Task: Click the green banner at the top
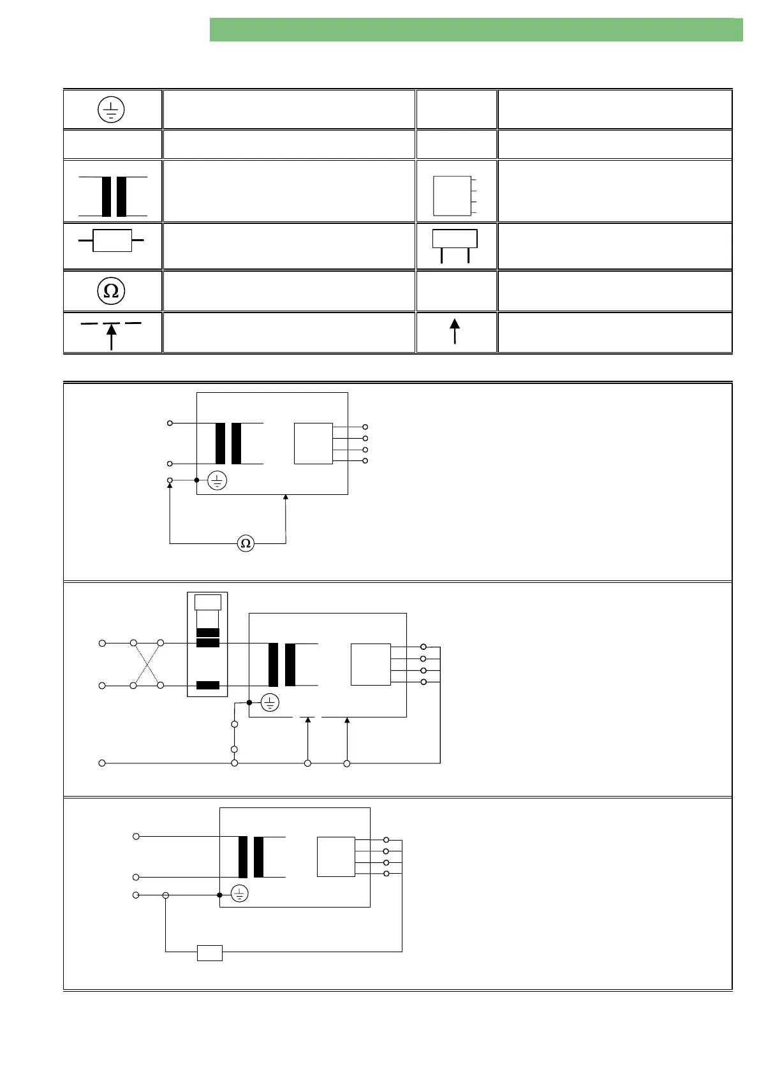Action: pyautogui.click(x=476, y=30)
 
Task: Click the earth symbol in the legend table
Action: pyautogui.click(x=111, y=110)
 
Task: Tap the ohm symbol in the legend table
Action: pyautogui.click(x=111, y=291)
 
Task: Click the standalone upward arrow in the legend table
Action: pyautogui.click(x=455, y=332)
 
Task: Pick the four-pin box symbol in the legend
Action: pyautogui.click(x=453, y=196)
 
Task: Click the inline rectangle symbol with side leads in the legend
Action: pyautogui.click(x=112, y=240)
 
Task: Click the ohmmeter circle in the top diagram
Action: pyautogui.click(x=246, y=543)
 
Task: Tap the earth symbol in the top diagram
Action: pyautogui.click(x=217, y=480)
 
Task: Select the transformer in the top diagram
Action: pyautogui.click(x=228, y=443)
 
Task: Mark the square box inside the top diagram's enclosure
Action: pyautogui.click(x=313, y=443)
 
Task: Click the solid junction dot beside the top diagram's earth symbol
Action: pyautogui.click(x=196, y=480)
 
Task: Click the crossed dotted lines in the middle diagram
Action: pyautogui.click(x=147, y=665)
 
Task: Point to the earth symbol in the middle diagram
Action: pyautogui.click(x=270, y=703)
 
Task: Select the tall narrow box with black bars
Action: pyautogui.click(x=207, y=645)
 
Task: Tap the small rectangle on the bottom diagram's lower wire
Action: pyautogui.click(x=210, y=953)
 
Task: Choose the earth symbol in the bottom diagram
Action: pyautogui.click(x=239, y=894)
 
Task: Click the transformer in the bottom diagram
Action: pyautogui.click(x=251, y=857)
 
